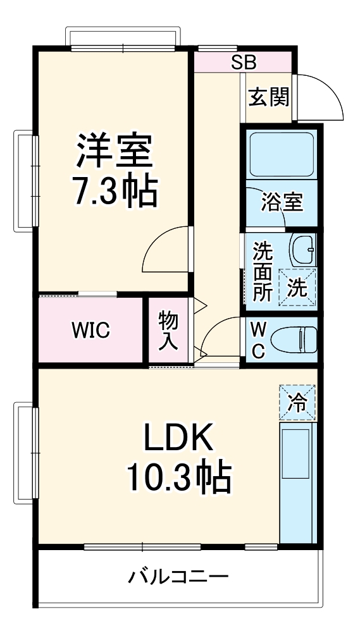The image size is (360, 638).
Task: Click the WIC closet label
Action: point(90,329)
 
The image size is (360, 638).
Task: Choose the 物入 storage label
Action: point(168,329)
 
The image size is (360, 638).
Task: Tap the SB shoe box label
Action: point(244,62)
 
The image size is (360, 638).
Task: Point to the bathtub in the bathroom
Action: point(281,156)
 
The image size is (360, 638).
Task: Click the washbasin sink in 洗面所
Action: point(303,250)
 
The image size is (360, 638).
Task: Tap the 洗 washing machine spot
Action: point(297,287)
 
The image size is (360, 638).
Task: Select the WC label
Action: point(258,340)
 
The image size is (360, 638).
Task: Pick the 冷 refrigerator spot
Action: point(297,401)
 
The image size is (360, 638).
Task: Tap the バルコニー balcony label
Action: point(179,577)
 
